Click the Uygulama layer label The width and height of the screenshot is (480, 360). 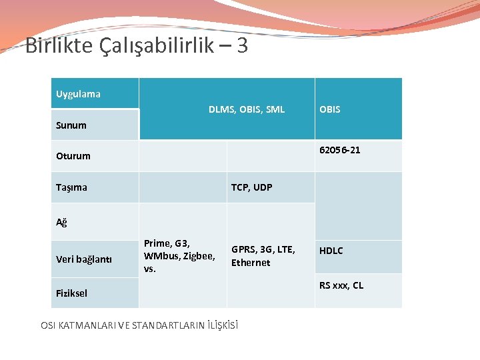(x=78, y=94)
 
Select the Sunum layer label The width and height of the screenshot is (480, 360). (x=71, y=125)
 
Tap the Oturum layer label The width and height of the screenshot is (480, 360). (x=73, y=156)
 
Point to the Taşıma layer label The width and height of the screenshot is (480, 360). (x=71, y=187)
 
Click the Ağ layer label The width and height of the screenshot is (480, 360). (x=61, y=222)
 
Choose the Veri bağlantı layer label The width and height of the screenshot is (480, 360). (x=83, y=259)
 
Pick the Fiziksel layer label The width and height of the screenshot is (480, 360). (x=71, y=293)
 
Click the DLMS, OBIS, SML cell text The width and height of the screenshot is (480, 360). (x=246, y=109)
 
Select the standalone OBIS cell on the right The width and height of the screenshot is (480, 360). (x=329, y=109)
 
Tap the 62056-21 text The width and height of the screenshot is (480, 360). (x=339, y=150)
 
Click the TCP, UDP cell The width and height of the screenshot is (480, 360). (x=251, y=187)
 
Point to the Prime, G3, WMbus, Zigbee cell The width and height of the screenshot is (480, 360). (x=179, y=256)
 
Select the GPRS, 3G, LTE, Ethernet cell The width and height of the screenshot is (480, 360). (x=263, y=256)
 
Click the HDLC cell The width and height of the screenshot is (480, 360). (x=331, y=251)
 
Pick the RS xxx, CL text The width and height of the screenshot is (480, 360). (x=341, y=285)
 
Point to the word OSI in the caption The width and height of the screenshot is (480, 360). (x=48, y=325)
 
